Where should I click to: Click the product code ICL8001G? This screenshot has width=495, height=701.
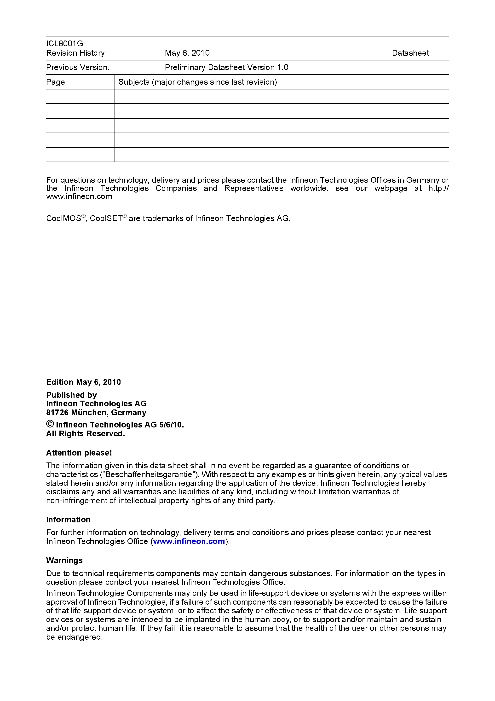64,44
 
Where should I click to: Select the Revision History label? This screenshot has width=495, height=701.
76,53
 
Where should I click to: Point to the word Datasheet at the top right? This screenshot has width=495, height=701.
410,53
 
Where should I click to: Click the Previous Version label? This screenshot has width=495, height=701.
78,67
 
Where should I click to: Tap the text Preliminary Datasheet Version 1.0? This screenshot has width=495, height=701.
226,67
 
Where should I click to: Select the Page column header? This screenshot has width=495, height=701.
55,82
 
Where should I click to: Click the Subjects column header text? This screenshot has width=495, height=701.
197,82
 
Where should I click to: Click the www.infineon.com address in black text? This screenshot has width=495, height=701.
79,197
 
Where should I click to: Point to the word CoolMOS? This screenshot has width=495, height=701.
63,219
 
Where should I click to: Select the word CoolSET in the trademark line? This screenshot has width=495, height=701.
106,219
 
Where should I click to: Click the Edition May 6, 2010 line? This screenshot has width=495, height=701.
83,382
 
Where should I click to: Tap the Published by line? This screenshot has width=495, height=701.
71,395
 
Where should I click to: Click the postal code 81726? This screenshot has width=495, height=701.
57,413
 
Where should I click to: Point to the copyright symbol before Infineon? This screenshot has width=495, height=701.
50,424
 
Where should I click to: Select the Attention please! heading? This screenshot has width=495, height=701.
79,453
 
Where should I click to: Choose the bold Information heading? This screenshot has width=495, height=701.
68,520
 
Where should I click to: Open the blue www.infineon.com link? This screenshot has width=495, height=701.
189,541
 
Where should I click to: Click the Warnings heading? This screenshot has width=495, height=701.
64,560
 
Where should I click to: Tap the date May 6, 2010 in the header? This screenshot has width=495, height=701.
187,53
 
